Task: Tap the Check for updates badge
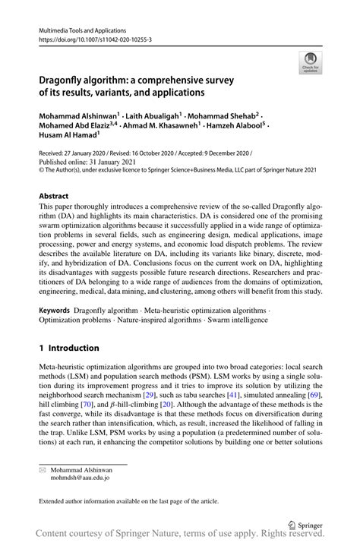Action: pyautogui.click(x=309, y=63)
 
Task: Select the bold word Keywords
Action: pyautogui.click(x=55, y=291)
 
